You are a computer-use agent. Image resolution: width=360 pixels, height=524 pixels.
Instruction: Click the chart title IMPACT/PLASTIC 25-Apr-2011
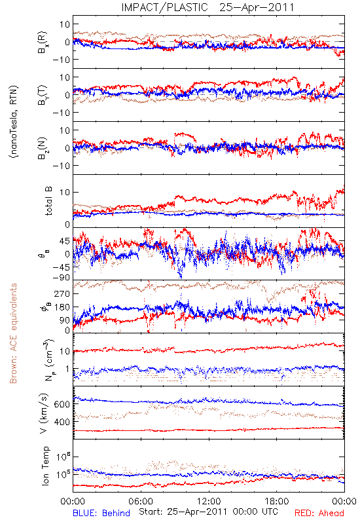[x=207, y=7]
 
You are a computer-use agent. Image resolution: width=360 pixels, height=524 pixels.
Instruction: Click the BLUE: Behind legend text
[x=101, y=513]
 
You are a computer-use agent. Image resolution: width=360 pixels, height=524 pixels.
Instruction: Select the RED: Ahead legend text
[x=319, y=513]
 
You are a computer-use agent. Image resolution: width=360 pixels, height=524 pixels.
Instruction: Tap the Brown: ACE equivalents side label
[x=13, y=333]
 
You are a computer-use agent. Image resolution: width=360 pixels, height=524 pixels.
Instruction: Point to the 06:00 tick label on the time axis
[x=141, y=501]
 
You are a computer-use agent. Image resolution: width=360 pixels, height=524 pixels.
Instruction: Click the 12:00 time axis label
[x=209, y=501]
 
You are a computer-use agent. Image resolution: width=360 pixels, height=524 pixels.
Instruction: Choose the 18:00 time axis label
[x=277, y=501]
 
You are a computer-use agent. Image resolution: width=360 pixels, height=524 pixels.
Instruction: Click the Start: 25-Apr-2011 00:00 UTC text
[x=208, y=512]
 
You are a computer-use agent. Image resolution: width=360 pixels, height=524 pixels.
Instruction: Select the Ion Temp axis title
[x=45, y=466]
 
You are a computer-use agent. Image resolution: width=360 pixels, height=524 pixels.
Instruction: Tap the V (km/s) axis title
[x=44, y=413]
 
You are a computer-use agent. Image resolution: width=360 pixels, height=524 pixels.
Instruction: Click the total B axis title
[x=48, y=201]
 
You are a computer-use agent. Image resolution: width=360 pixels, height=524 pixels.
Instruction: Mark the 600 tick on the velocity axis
[x=62, y=404]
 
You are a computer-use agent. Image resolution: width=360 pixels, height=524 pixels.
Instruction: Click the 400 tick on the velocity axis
[x=62, y=422]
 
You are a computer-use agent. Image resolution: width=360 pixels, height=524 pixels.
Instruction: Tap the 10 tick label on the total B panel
[x=65, y=193]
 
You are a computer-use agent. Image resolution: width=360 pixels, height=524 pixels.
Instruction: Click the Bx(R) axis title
[x=43, y=43]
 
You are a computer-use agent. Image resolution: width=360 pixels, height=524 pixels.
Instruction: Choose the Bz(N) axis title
[x=43, y=149]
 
